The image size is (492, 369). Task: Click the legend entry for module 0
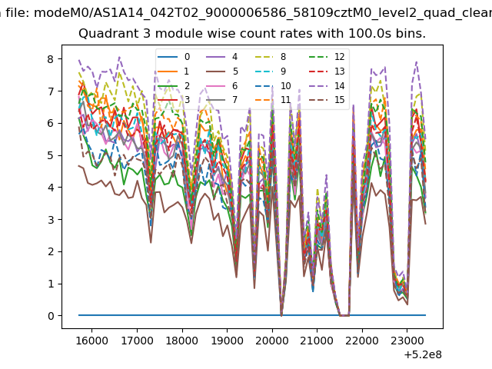(174, 57)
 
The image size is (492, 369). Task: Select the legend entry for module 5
(222, 71)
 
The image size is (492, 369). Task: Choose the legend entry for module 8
(270, 57)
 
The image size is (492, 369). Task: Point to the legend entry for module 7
(222, 100)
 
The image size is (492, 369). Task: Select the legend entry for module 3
(174, 100)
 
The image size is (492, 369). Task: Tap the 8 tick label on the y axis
(51, 59)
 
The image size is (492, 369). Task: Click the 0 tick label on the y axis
(51, 316)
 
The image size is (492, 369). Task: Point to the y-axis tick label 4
(51, 188)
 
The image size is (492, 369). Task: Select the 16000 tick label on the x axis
(92, 341)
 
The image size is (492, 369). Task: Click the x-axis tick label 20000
(271, 341)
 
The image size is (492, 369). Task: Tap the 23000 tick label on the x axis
(407, 341)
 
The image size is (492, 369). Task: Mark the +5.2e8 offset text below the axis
(423, 354)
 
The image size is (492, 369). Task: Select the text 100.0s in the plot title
(370, 34)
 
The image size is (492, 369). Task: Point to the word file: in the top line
(18, 13)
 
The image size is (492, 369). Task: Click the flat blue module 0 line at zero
(252, 315)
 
